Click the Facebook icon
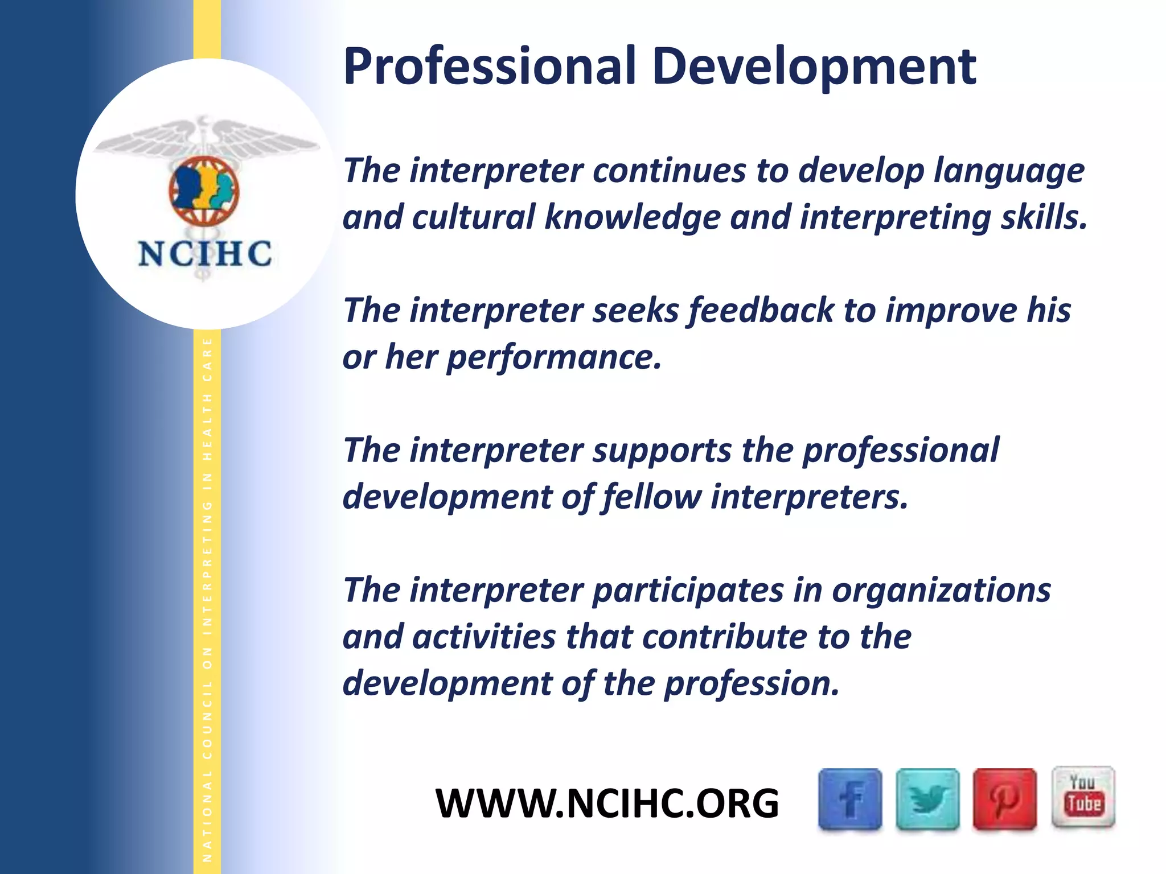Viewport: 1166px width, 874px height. [x=850, y=799]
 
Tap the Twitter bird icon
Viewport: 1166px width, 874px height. [x=927, y=799]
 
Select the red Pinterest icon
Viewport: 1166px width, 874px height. [x=1004, y=799]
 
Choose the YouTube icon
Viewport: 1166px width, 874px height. [x=1083, y=797]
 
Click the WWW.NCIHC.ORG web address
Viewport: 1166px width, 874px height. [x=607, y=803]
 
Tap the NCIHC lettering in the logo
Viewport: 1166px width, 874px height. [x=205, y=254]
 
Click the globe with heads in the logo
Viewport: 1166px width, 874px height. [x=204, y=191]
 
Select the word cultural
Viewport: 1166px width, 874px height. [x=473, y=217]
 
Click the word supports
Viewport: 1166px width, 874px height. [x=662, y=451]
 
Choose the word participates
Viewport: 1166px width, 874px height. [x=688, y=590]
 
